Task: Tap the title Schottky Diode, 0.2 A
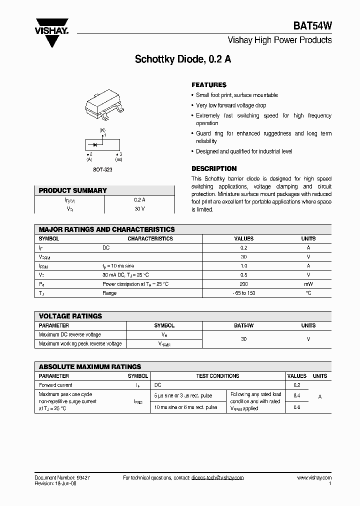(x=183, y=59)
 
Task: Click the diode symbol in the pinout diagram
(x=94, y=143)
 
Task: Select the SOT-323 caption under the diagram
(x=103, y=169)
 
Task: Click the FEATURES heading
(x=209, y=85)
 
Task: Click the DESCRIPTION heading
(x=214, y=168)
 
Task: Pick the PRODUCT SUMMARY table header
(x=73, y=190)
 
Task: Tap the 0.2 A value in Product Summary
(x=139, y=199)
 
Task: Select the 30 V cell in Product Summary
(x=139, y=209)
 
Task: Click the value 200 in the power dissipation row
(x=243, y=284)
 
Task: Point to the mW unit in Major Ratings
(x=308, y=284)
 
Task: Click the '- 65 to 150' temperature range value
(x=243, y=293)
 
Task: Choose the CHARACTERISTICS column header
(x=150, y=239)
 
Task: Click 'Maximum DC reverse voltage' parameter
(x=70, y=334)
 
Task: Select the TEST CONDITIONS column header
(x=217, y=376)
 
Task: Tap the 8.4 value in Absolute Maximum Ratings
(x=296, y=396)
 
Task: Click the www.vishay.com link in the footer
(x=314, y=478)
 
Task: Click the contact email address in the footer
(x=217, y=478)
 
